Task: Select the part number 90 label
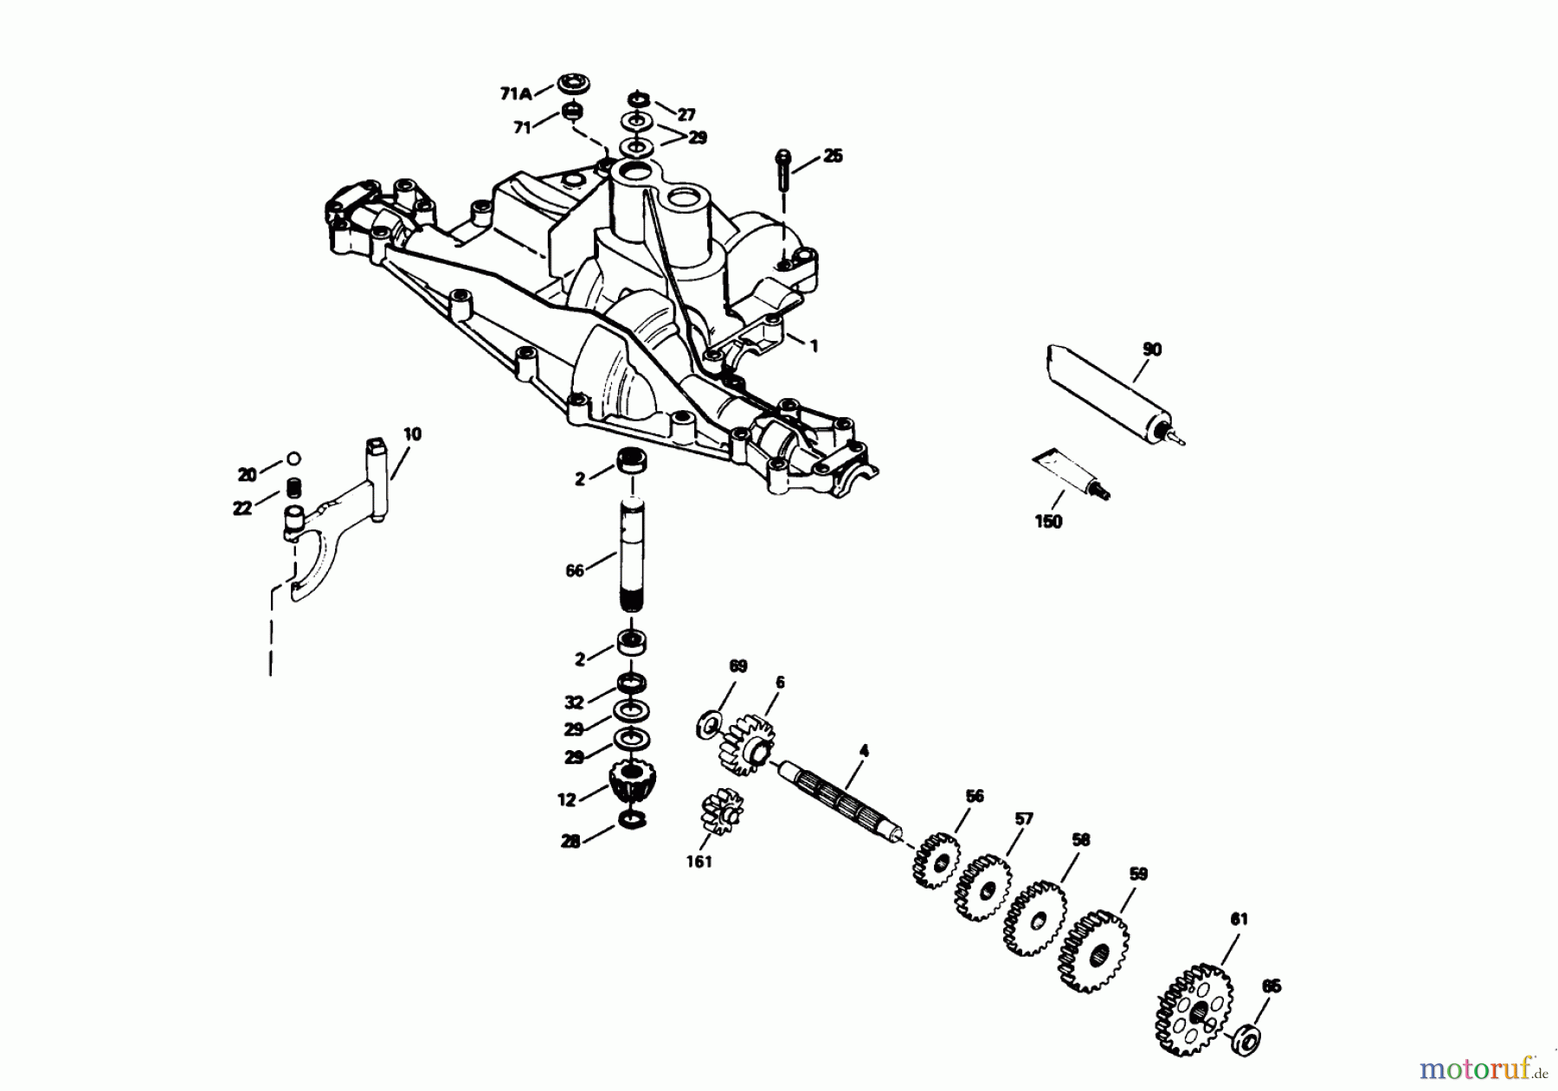pos(1152,350)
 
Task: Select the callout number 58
pos(1080,839)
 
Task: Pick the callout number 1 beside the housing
pos(813,345)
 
